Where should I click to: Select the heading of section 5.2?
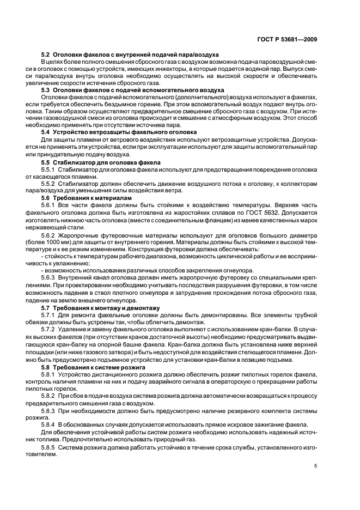coord(131,55)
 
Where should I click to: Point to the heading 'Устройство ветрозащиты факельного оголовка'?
coord(123,132)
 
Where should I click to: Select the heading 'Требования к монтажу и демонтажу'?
coord(103,308)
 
